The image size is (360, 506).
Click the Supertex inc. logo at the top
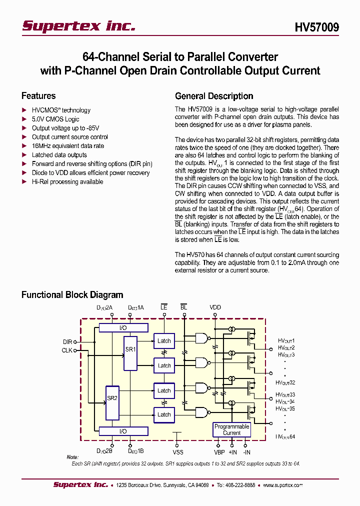point(78,26)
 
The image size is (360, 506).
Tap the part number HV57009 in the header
point(315,27)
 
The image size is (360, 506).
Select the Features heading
point(38,96)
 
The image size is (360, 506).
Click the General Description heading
point(214,96)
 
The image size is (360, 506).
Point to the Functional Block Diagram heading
point(72,295)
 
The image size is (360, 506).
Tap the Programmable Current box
point(231,429)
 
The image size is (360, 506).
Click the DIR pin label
point(67,341)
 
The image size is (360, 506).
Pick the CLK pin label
point(67,350)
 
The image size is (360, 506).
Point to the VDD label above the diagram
point(215,307)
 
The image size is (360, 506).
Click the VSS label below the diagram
point(178,452)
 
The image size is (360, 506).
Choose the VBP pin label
point(219,452)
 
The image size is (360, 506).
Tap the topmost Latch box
point(164,341)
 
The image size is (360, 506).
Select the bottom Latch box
point(164,414)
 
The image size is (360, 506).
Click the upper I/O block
point(123,327)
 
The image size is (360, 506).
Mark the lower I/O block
point(123,431)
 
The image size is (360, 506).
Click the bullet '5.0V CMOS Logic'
point(55,119)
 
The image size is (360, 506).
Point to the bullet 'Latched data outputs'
point(59,155)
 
